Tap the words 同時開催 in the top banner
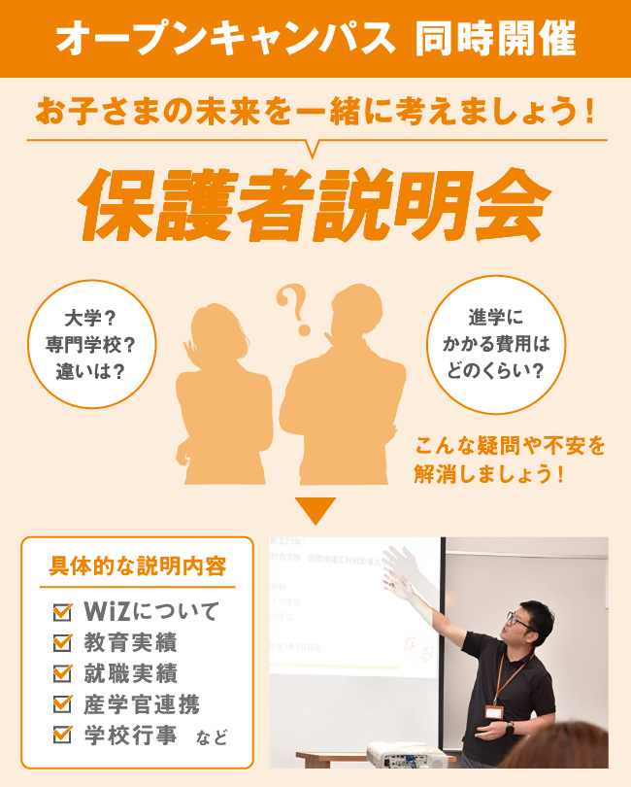pyautogui.click(x=494, y=39)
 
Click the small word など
pyautogui.click(x=212, y=737)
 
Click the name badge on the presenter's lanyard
pyautogui.click(x=496, y=712)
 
